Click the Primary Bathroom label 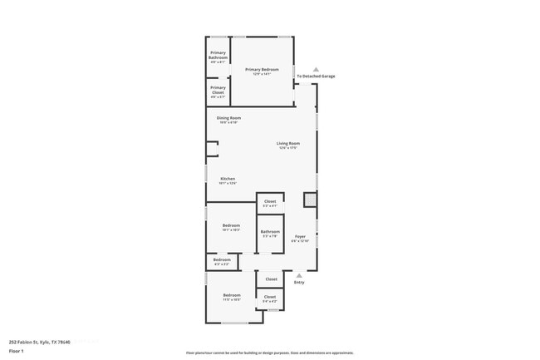coord(218,57)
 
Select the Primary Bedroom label coord(263,70)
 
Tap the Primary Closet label coord(218,90)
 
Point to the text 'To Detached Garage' coord(317,76)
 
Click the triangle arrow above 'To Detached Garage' coord(316,69)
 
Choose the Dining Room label coord(228,118)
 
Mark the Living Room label coord(287,144)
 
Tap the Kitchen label coord(228,179)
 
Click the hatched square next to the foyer coord(309,200)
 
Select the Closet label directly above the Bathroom coord(270,201)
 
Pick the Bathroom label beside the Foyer coord(270,232)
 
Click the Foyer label coord(300,237)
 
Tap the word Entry coord(299,283)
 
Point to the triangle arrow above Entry coord(299,275)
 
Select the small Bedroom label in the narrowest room coord(222,260)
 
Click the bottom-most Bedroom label coord(231,295)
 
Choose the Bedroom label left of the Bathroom coord(231,225)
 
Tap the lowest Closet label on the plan coord(270,297)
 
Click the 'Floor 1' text coord(17,352)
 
